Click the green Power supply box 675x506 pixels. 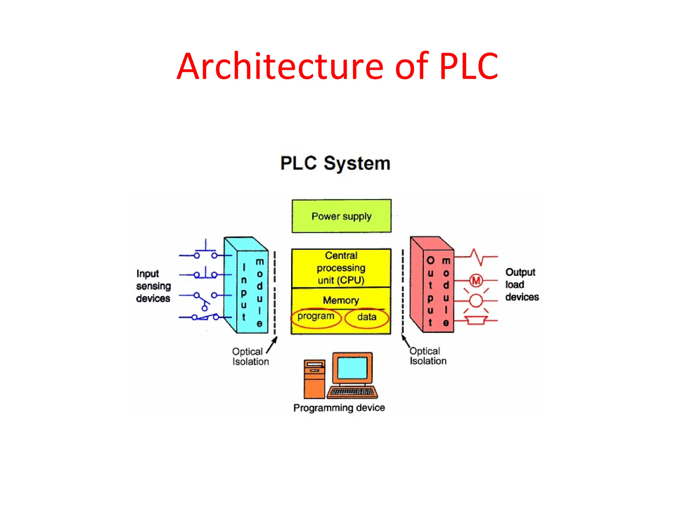click(341, 216)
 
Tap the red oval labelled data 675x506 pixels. click(367, 318)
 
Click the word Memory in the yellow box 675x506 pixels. click(341, 300)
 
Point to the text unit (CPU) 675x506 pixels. click(341, 280)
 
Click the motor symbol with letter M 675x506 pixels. click(476, 281)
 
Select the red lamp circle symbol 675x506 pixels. click(476, 301)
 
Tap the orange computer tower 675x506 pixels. click(314, 379)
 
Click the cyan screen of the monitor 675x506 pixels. click(352, 368)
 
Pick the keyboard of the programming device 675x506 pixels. click(352, 392)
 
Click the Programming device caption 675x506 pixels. click(339, 408)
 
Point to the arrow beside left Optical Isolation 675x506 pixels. click(272, 345)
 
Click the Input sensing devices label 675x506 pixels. click(153, 286)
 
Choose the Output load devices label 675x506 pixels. click(521, 285)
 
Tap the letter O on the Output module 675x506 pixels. click(430, 261)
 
